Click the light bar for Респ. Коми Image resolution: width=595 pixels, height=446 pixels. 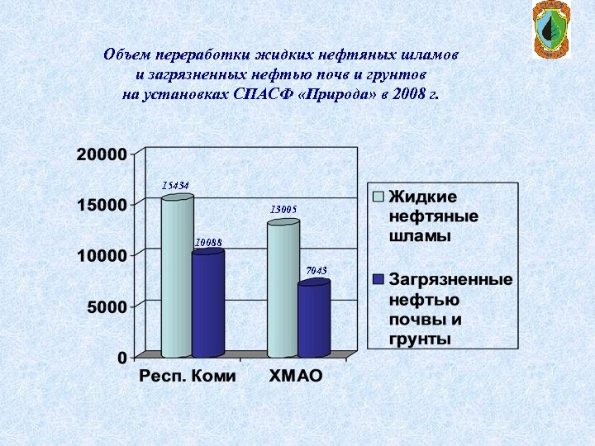point(177,277)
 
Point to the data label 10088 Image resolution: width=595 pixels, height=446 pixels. point(208,242)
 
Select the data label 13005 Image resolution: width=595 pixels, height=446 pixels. point(283,211)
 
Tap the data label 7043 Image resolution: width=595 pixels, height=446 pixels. point(317,271)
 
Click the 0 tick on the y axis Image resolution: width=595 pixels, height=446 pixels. point(121,358)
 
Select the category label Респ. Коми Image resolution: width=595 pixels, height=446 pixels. point(187,376)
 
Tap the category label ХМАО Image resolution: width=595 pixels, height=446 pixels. point(296,376)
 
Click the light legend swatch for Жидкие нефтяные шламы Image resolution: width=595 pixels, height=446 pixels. point(378,197)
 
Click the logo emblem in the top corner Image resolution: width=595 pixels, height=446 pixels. point(550,30)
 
